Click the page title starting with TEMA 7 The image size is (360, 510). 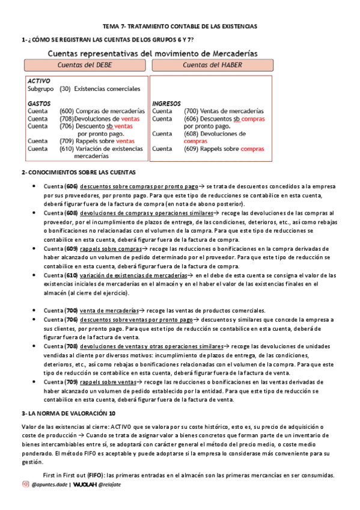(180, 27)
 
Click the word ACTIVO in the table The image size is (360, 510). (39, 80)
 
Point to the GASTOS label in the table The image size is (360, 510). (39, 103)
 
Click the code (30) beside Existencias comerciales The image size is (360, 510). (65, 88)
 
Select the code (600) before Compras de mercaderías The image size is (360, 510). (67, 111)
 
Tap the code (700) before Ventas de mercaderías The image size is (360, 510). (191, 111)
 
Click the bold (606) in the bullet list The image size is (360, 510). (72, 187)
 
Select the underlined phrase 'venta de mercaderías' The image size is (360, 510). (108, 311)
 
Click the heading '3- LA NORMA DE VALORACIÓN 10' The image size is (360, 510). (68, 414)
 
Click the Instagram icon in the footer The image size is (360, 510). (25, 484)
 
